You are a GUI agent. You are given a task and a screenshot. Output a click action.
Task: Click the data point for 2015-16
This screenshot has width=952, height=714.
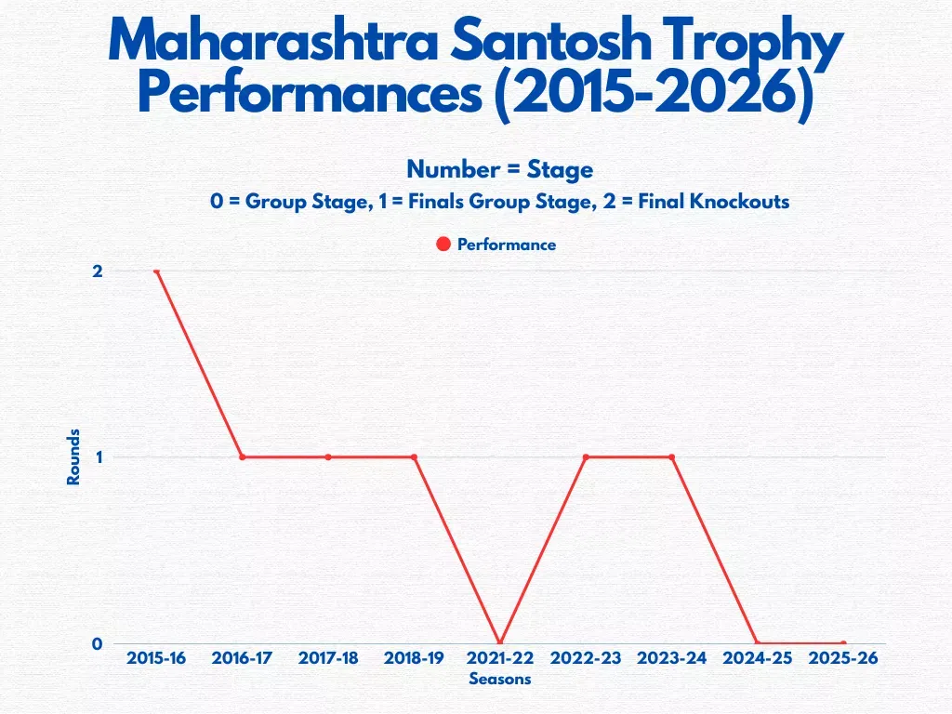pyautogui.click(x=156, y=271)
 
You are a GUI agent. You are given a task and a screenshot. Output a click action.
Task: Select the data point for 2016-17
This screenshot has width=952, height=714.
pyautogui.click(x=242, y=457)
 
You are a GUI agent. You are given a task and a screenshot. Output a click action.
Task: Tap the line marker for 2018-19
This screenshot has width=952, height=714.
pyautogui.click(x=414, y=457)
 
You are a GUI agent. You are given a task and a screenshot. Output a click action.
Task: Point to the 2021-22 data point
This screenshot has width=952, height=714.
pyautogui.click(x=500, y=643)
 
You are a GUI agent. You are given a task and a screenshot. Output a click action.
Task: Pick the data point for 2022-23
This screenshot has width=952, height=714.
pyautogui.click(x=586, y=457)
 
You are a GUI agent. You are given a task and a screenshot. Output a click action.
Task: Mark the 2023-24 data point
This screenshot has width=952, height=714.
pyautogui.click(x=671, y=457)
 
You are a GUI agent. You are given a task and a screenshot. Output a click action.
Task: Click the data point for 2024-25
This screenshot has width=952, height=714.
pyautogui.click(x=757, y=643)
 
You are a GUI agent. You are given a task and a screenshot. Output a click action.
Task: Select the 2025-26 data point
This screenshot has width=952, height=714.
pyautogui.click(x=843, y=643)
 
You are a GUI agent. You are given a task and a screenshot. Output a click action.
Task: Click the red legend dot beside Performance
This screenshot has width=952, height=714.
pyautogui.click(x=443, y=245)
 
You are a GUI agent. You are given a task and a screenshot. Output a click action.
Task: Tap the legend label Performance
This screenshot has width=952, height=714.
pyautogui.click(x=506, y=245)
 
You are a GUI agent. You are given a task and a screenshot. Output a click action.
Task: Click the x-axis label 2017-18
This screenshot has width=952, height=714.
pyautogui.click(x=328, y=658)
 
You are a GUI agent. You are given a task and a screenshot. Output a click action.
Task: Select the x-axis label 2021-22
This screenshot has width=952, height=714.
pyautogui.click(x=500, y=658)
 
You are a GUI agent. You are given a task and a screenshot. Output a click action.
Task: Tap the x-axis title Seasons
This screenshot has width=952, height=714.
pyautogui.click(x=499, y=679)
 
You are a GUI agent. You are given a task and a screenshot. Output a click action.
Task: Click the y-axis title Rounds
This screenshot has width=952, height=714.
pyautogui.click(x=73, y=456)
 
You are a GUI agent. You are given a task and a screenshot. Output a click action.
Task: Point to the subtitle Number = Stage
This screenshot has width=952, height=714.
pyautogui.click(x=499, y=169)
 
